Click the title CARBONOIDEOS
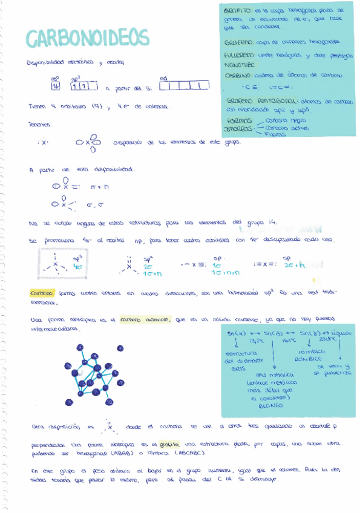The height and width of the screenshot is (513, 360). coord(87,38)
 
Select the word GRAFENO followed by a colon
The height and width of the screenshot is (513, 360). coord(238,42)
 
